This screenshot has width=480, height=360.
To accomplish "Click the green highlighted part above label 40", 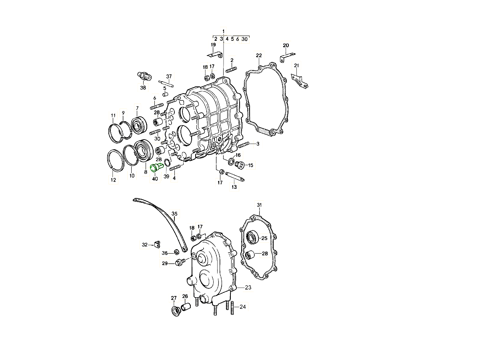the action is [x=156, y=168].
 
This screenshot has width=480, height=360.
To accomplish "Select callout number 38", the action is [x=143, y=88].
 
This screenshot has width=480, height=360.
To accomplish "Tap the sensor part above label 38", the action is [x=144, y=76].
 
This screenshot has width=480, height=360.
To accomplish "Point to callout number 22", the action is [x=259, y=56].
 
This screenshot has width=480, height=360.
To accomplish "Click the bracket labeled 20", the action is [x=287, y=57].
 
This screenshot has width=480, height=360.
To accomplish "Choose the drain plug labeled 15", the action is [x=239, y=165].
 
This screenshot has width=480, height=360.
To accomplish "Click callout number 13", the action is [x=234, y=187].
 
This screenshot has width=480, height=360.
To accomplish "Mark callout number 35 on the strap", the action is [x=174, y=214].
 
